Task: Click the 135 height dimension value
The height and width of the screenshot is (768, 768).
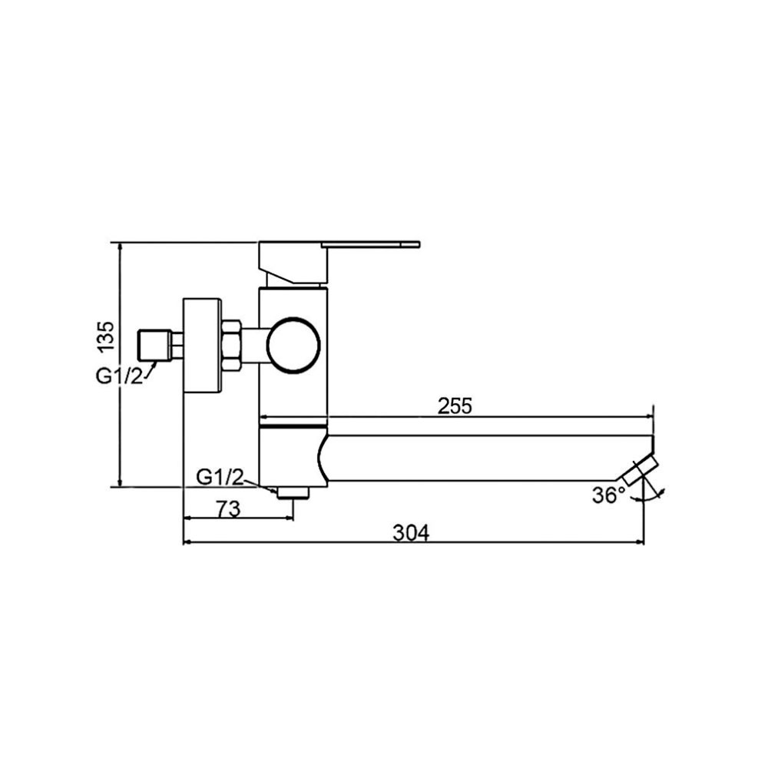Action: click(106, 336)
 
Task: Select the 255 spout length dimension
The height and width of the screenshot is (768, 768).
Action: click(455, 406)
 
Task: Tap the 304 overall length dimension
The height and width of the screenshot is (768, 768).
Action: click(411, 533)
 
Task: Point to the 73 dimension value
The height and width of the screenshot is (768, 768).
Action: click(229, 509)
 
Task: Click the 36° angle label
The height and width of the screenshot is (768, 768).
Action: click(609, 495)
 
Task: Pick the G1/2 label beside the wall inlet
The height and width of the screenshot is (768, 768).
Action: click(120, 376)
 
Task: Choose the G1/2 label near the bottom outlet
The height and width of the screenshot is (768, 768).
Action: click(220, 477)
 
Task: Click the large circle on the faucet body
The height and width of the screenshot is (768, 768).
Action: click(293, 345)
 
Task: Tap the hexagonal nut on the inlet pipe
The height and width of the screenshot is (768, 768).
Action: click(231, 345)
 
